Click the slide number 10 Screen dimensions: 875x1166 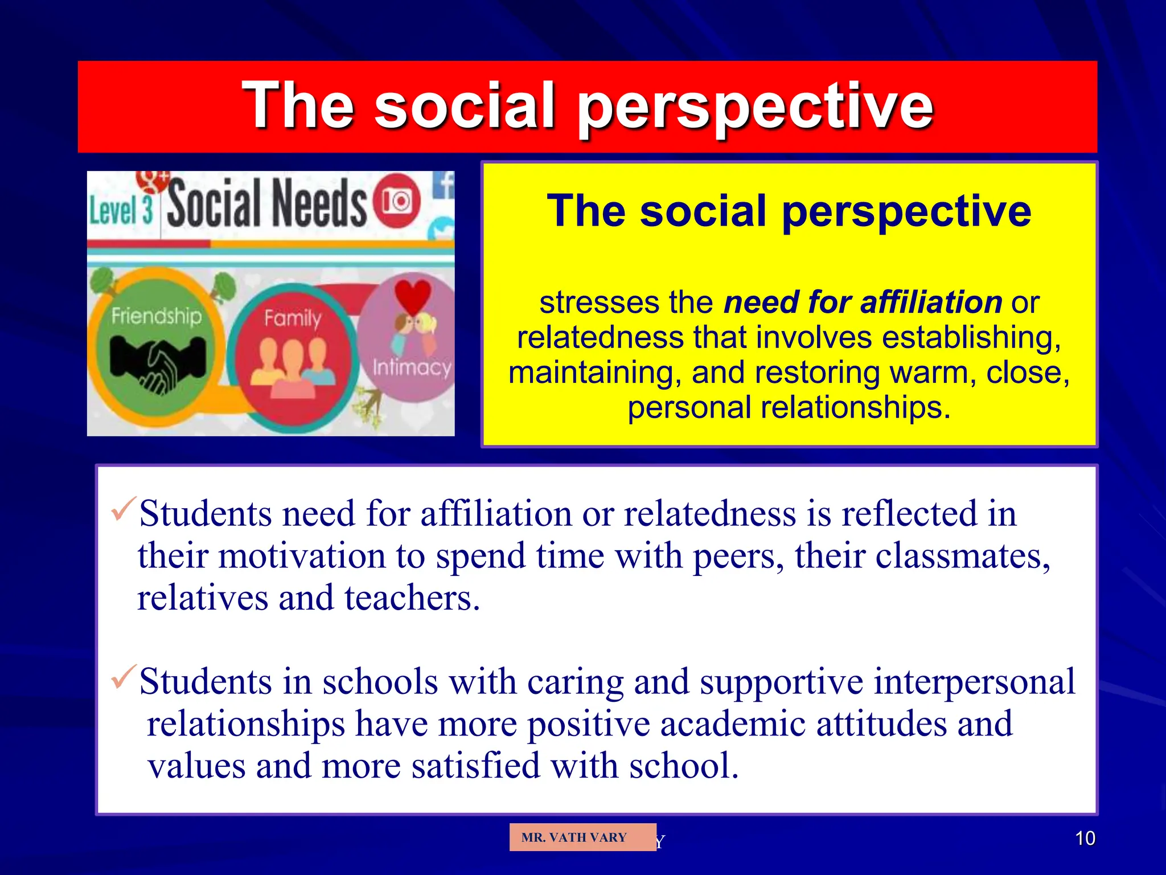(1085, 838)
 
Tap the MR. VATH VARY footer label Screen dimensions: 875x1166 (574, 837)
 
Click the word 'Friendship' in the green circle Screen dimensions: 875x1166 (157, 315)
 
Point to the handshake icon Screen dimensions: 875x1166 (158, 362)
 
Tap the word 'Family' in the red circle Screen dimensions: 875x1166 (293, 317)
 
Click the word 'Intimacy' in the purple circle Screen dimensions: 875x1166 (412, 367)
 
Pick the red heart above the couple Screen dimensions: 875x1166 (413, 296)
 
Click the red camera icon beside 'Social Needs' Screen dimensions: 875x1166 (397, 201)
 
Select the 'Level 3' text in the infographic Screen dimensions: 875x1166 (121, 210)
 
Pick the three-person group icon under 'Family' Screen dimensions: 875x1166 (293, 367)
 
